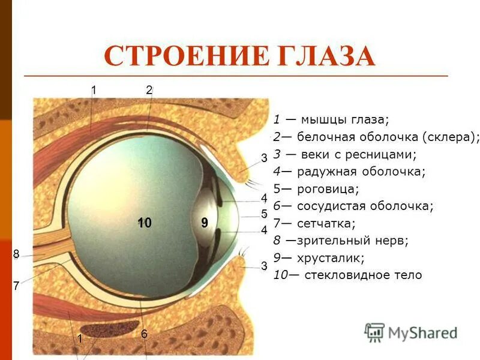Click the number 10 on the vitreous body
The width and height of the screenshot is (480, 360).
143,223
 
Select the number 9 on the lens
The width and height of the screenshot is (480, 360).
205,223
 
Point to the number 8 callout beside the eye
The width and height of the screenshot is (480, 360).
16,255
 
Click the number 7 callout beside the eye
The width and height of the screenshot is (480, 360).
16,287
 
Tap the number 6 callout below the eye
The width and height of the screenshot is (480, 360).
144,334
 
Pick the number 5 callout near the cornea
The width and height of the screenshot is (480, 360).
264,214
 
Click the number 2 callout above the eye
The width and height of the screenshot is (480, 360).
149,91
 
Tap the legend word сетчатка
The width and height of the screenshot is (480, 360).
326,224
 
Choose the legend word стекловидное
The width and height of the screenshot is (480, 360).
348,275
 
